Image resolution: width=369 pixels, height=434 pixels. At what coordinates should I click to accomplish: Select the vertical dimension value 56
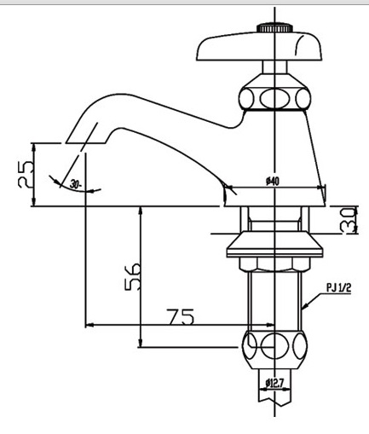131,277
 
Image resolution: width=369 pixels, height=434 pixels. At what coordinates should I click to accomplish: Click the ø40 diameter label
274,181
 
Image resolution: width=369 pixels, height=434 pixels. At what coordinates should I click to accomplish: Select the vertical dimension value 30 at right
348,220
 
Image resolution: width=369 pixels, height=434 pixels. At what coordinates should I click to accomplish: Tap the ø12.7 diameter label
274,383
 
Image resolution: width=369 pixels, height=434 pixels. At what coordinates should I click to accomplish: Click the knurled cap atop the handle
274,27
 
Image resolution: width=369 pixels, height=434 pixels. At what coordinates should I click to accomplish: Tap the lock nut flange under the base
274,246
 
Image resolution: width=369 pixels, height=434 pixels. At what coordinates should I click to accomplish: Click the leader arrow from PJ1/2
314,298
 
